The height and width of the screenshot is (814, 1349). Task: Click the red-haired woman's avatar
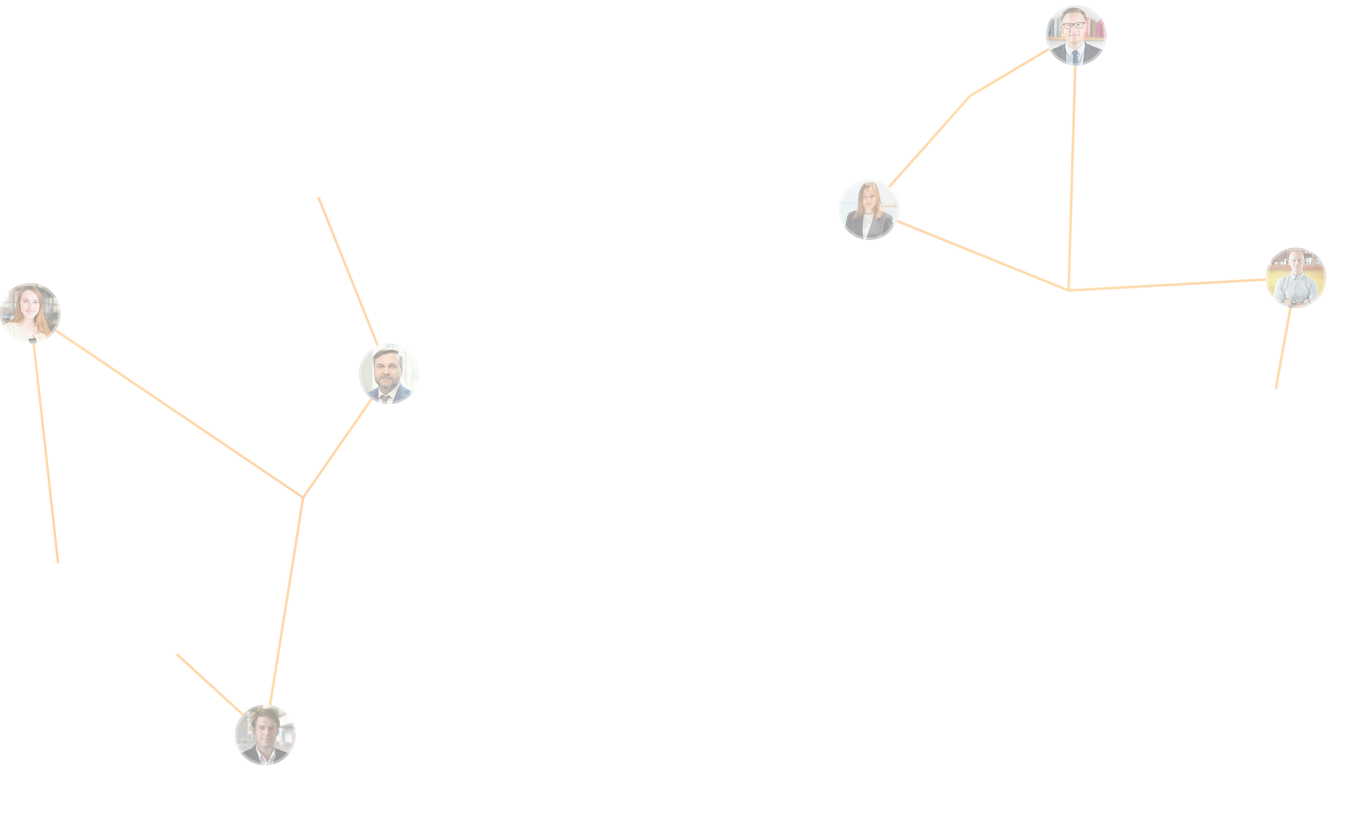[x=30, y=313]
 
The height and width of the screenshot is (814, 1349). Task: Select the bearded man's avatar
[x=389, y=374]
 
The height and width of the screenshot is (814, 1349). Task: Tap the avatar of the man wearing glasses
[x=1076, y=35]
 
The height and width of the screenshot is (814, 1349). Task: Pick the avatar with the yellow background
[x=1296, y=278]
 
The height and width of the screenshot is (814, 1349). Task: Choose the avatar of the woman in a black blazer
[x=868, y=210]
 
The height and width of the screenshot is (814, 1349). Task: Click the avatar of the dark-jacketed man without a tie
[x=265, y=735]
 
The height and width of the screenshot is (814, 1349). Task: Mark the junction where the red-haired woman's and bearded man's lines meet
[x=303, y=497]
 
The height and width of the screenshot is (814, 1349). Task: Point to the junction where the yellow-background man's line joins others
[x=1069, y=290]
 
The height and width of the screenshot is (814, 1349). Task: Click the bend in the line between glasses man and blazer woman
[x=970, y=96]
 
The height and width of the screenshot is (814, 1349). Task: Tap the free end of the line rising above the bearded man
[x=319, y=198]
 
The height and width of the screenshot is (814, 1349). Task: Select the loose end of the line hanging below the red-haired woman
[x=58, y=562]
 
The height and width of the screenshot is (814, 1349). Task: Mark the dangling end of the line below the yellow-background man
[x=1276, y=388]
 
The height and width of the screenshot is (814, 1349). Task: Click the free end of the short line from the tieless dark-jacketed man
[x=177, y=655]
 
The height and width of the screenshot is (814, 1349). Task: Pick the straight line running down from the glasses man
[x=1072, y=177]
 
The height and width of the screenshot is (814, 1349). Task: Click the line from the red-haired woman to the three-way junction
[x=179, y=414]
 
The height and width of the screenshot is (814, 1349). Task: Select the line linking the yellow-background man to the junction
[x=1168, y=285]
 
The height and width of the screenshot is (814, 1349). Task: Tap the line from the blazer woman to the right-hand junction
[x=983, y=256]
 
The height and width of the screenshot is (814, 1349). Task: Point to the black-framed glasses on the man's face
[x=1074, y=26]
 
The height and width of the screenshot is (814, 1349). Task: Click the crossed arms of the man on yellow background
[x=1295, y=297]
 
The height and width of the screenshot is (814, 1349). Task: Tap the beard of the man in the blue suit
[x=386, y=384]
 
